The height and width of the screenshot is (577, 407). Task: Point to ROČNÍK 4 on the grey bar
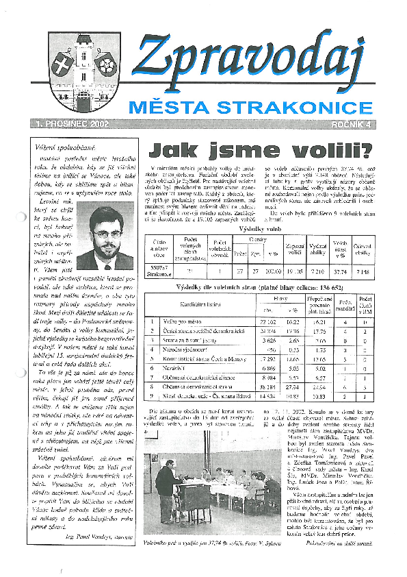[351, 124]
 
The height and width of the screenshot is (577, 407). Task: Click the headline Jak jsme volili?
[261, 149]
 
